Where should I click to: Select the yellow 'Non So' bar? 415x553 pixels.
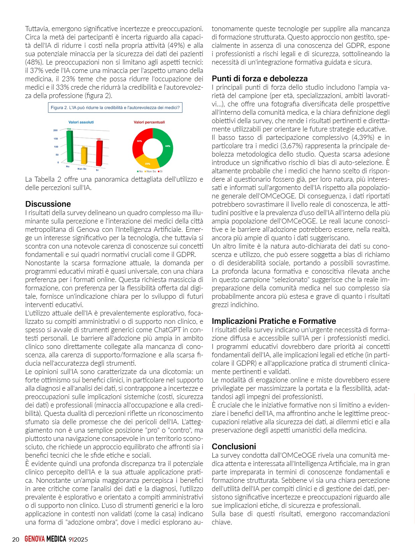(x=84, y=156)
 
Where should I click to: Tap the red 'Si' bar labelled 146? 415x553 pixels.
(x=99, y=153)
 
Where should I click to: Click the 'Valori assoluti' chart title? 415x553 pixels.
(x=81, y=122)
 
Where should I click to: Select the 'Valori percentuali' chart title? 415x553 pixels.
(x=149, y=122)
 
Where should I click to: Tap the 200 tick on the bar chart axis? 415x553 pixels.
(x=56, y=130)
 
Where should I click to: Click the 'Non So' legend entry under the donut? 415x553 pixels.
(x=151, y=171)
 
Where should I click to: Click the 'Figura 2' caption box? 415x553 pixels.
(x=115, y=108)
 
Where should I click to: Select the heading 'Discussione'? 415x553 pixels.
(x=48, y=204)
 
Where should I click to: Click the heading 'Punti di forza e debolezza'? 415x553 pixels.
(x=259, y=79)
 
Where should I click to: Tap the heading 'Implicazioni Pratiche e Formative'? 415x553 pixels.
(x=273, y=321)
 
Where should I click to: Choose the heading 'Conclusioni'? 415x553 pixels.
(x=234, y=447)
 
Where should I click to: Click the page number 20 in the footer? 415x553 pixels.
(x=15, y=539)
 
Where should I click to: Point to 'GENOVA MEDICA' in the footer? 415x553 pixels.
(x=45, y=539)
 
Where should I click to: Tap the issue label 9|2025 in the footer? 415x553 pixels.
(x=78, y=539)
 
